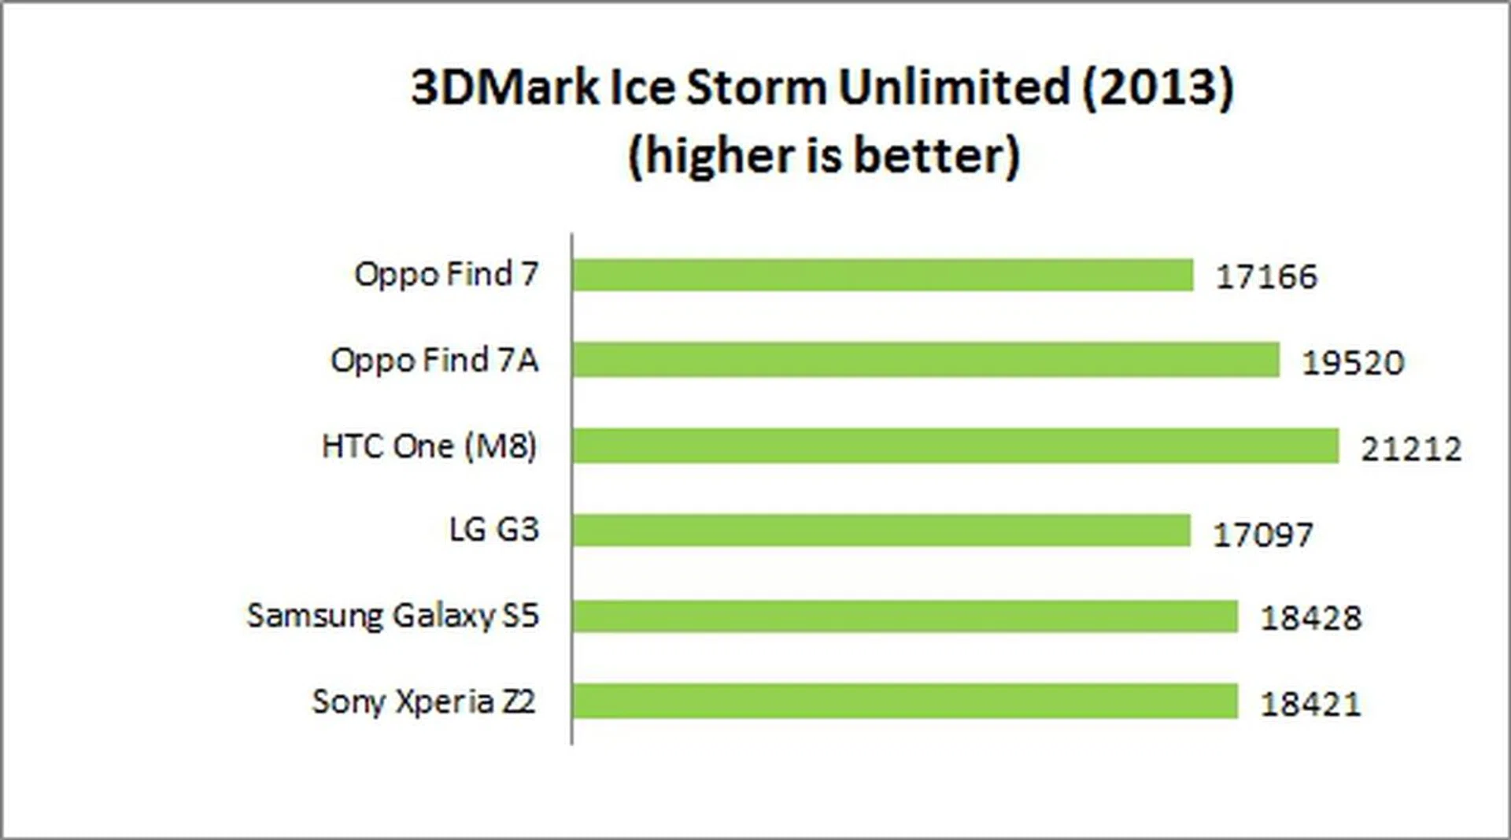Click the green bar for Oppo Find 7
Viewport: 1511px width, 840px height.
pos(882,276)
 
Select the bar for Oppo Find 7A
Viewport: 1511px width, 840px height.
pos(925,361)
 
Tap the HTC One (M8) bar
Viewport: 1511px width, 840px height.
pos(955,446)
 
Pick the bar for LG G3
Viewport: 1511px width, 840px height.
pos(881,531)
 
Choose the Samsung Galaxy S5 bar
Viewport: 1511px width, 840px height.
pos(904,616)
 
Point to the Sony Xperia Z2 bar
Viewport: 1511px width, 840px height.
pos(904,701)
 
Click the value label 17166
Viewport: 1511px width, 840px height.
pos(1266,277)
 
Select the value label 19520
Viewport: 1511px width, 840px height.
pos(1353,363)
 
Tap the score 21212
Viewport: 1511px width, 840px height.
pos(1411,449)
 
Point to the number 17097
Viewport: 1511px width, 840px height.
pos(1263,535)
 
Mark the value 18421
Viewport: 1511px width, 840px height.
pos(1310,704)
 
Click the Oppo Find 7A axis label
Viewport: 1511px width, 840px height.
pos(434,361)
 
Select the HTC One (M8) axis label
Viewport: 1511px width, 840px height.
pos(430,446)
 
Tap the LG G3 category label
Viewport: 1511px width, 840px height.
pos(494,530)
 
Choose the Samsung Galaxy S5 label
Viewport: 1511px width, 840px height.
pos(393,616)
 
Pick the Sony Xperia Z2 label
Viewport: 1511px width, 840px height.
pos(424,701)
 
